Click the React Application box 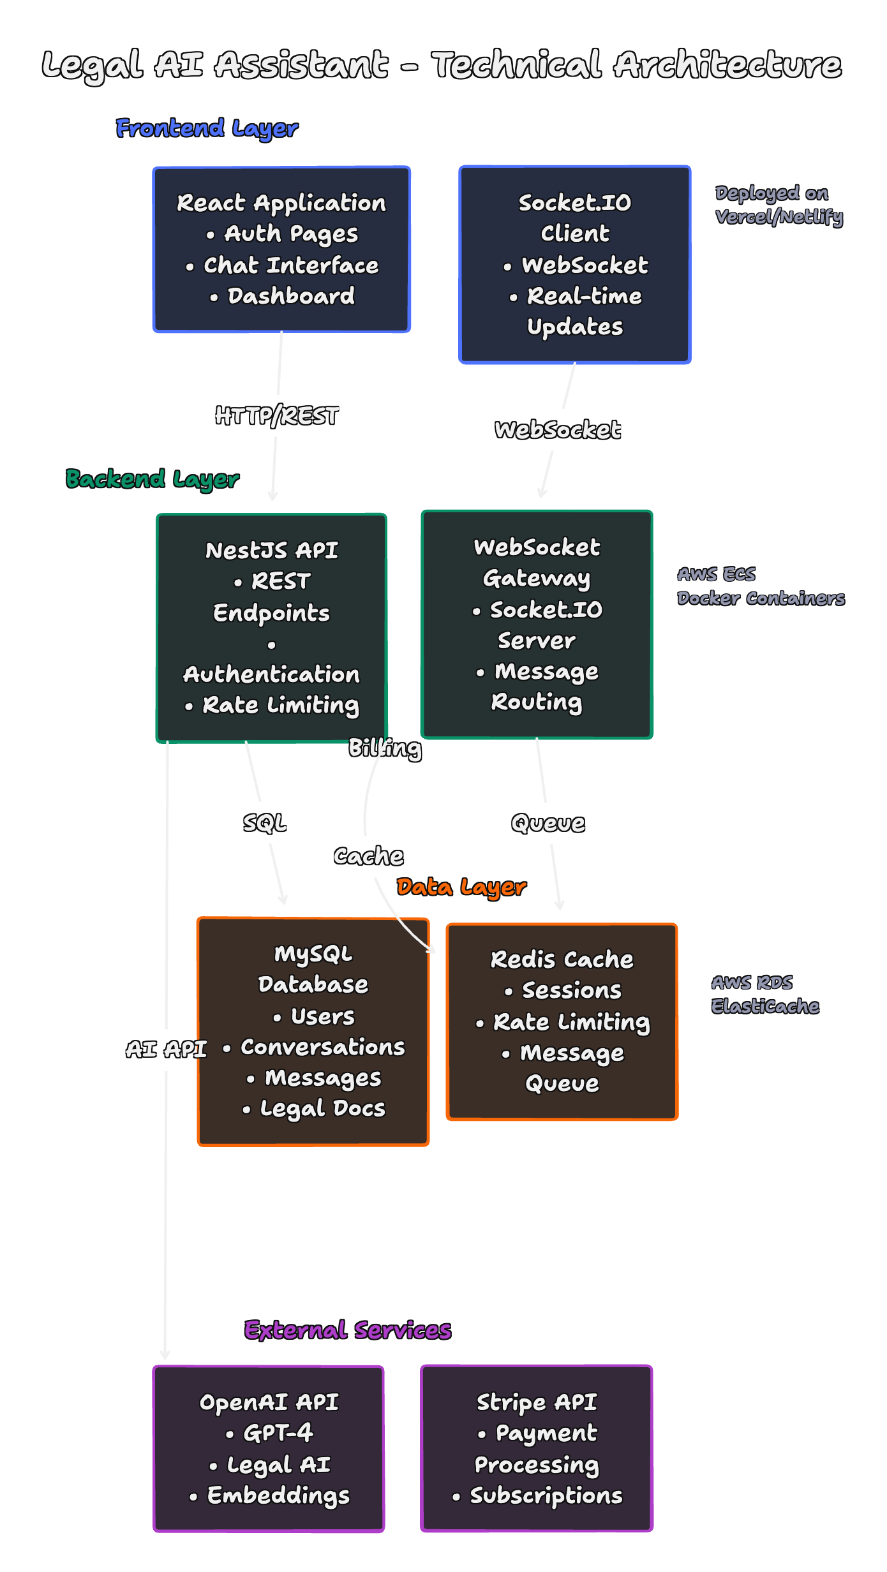[x=281, y=249]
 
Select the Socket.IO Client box [x=575, y=265]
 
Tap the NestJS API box [x=272, y=628]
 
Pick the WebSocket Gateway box [x=537, y=625]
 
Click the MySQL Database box [x=313, y=1032]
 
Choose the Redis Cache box [x=562, y=1021]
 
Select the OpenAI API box [x=269, y=1448]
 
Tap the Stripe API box [x=537, y=1448]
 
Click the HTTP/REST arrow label [x=277, y=416]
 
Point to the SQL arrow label [x=265, y=823]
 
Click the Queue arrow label [x=548, y=823]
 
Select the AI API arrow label [x=167, y=1049]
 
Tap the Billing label [x=385, y=748]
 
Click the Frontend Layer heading [x=207, y=128]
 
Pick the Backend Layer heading [x=153, y=479]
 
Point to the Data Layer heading [x=461, y=887]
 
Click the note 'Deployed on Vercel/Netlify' [x=779, y=205]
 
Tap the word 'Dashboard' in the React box [x=291, y=296]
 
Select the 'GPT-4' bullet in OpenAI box [x=278, y=1434]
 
